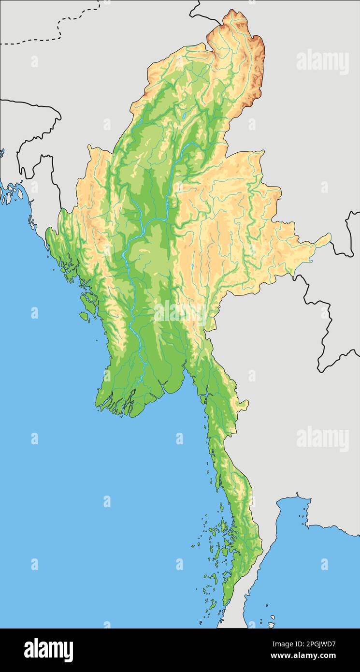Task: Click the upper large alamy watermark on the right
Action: (322, 62)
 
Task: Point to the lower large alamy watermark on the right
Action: (322, 439)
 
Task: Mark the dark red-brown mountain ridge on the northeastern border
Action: (259, 73)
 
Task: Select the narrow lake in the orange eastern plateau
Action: (192, 266)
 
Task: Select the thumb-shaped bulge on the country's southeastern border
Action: (244, 403)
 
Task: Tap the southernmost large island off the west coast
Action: (84, 316)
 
